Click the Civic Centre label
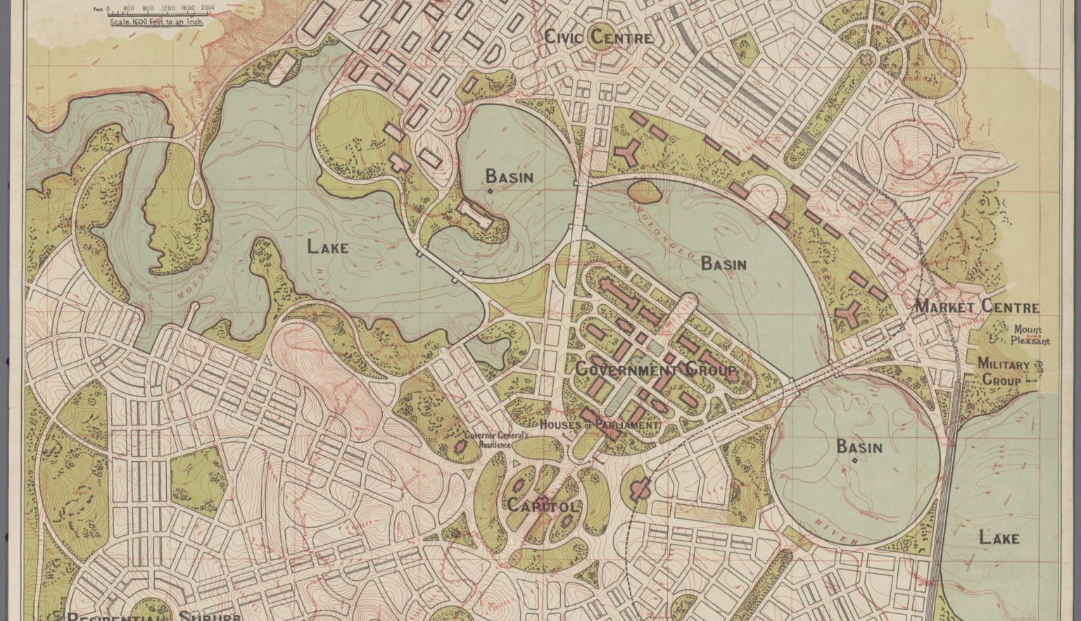tap(599, 37)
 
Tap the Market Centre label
tap(976, 307)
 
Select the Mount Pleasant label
tap(1030, 335)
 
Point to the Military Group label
tap(1003, 372)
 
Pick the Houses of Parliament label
tap(599, 425)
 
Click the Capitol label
tap(542, 506)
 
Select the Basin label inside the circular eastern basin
tap(859, 446)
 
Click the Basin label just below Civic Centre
tap(509, 176)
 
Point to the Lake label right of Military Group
tap(999, 538)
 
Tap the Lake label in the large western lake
tap(327, 247)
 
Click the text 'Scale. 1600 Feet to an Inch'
tap(156, 22)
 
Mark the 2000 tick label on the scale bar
tap(208, 8)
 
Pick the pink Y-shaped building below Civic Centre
tap(626, 151)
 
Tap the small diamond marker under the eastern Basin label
tap(855, 461)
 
